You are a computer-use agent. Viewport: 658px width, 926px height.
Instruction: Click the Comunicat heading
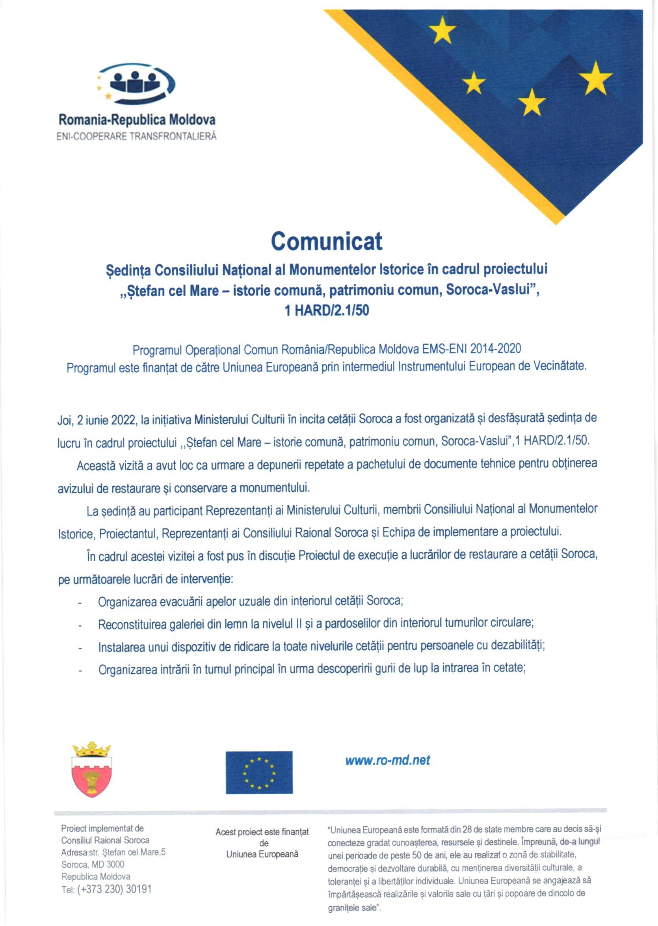coord(326,242)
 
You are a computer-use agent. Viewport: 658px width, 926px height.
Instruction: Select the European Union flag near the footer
coord(259,772)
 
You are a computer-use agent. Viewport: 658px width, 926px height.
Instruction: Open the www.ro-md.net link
coord(387,760)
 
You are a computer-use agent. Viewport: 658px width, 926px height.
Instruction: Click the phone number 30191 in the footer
coord(139,889)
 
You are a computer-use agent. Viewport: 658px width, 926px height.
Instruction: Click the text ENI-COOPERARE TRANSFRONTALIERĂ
coord(137,136)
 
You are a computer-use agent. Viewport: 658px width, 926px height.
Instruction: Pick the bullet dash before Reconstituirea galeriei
coord(81,626)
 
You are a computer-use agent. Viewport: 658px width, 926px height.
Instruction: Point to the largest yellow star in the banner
coord(595,78)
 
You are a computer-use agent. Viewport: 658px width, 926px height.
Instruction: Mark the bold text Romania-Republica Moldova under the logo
coord(137,120)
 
